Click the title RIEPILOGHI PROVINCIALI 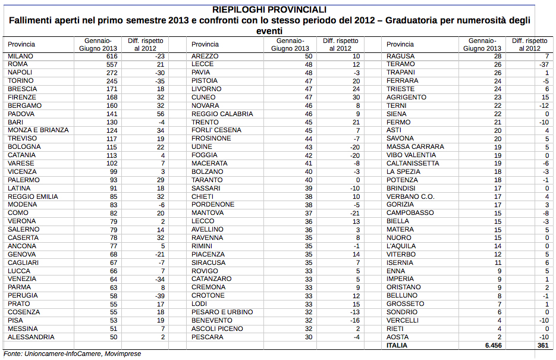point(278,10)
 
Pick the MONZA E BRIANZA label point(38,130)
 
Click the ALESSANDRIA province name point(31,337)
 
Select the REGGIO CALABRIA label point(222,114)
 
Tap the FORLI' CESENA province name point(216,130)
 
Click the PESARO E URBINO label point(222,312)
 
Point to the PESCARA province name point(207,337)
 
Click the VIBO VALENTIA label point(411,155)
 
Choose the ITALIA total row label point(397,345)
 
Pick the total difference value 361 point(541,345)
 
